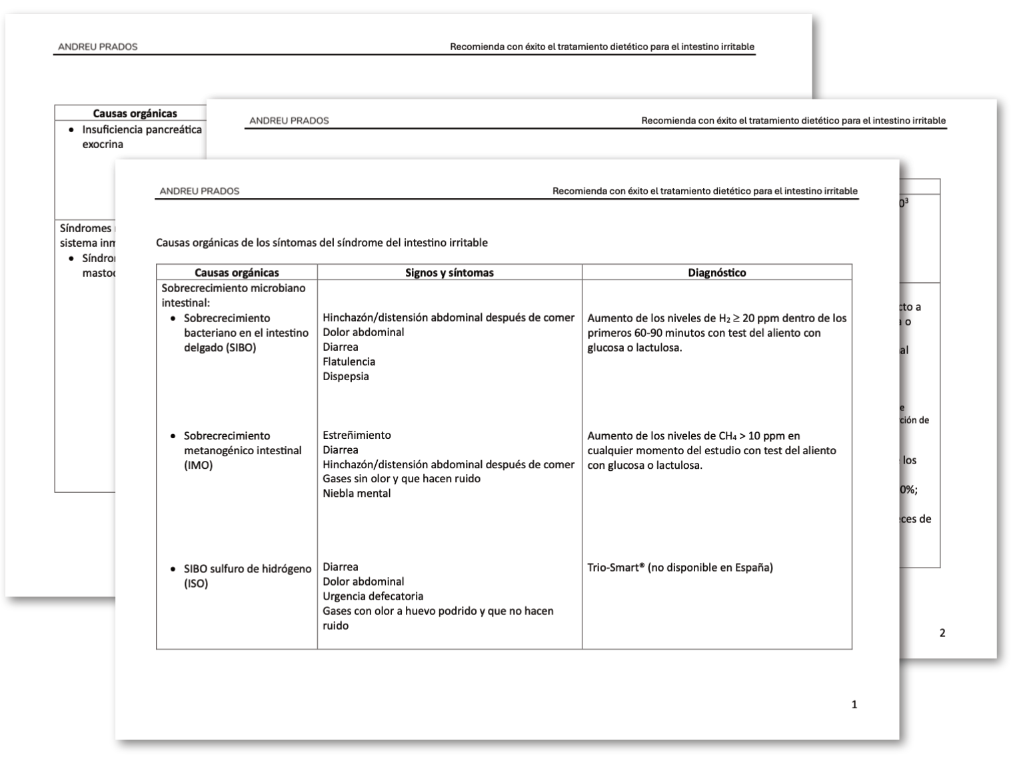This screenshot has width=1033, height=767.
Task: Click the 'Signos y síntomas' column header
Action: [x=449, y=272]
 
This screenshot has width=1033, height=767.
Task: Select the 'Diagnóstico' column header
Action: [x=716, y=272]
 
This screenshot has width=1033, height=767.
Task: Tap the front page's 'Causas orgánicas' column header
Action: [x=237, y=272]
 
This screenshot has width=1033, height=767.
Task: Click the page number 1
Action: [x=854, y=704]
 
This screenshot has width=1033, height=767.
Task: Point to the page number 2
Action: [x=942, y=633]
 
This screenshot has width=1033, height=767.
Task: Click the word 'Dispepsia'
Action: [x=345, y=376]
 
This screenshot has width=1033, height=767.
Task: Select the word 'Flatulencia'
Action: [x=349, y=361]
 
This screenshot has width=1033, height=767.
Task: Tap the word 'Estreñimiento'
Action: [x=357, y=435]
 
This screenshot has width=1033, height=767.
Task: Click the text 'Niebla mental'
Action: [x=357, y=494]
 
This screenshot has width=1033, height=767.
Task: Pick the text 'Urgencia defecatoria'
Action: [x=373, y=596]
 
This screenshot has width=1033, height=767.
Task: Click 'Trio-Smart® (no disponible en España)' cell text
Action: [x=680, y=568]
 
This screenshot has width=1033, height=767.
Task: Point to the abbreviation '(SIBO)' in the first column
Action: [x=220, y=347]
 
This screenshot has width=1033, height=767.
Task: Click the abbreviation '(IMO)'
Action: [x=198, y=465]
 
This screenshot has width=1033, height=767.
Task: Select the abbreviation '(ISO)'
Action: [x=196, y=584]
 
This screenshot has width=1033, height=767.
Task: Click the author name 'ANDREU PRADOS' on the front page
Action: [x=199, y=191]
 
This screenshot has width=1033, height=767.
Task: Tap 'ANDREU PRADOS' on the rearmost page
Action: [x=97, y=47]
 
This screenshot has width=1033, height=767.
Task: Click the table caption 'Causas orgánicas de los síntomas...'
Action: [x=321, y=243]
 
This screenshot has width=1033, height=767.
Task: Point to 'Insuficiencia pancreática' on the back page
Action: [x=141, y=129]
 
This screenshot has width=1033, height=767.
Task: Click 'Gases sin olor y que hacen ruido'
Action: [x=401, y=479]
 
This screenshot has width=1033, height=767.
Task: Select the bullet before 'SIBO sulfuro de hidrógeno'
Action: [x=173, y=569]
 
